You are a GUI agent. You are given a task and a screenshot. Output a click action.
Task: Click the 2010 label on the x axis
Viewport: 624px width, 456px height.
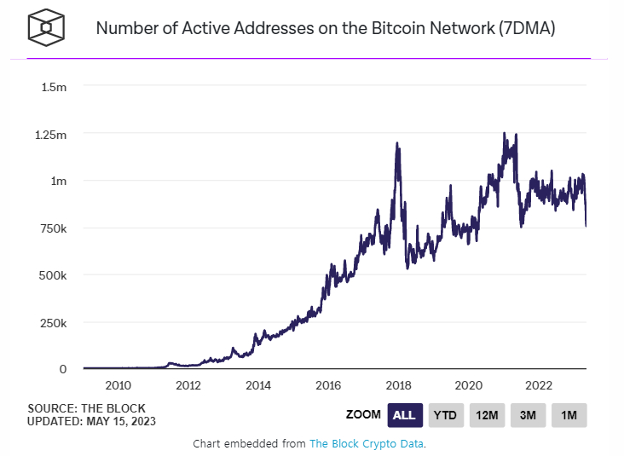click(x=118, y=385)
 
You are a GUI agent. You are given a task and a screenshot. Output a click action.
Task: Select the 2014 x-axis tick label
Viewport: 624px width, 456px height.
click(x=258, y=385)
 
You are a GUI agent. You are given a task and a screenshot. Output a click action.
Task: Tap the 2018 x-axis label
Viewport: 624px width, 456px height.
click(x=399, y=385)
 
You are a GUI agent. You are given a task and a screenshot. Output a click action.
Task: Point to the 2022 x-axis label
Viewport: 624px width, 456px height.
click(x=540, y=385)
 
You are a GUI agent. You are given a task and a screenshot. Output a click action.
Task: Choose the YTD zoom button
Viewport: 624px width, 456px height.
click(x=446, y=415)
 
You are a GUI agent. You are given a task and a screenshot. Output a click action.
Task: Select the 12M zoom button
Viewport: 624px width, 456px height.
click(x=488, y=415)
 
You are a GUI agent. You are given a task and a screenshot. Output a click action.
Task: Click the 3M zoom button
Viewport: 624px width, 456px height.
click(x=529, y=415)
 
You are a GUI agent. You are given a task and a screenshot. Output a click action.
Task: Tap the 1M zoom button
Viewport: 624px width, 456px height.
click(x=569, y=415)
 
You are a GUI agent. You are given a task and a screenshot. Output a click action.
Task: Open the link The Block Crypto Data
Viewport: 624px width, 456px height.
click(x=367, y=444)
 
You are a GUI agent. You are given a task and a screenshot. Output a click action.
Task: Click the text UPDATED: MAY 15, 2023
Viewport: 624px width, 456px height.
click(x=92, y=421)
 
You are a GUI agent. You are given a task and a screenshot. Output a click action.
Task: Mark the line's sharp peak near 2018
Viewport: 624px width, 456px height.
click(x=398, y=144)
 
